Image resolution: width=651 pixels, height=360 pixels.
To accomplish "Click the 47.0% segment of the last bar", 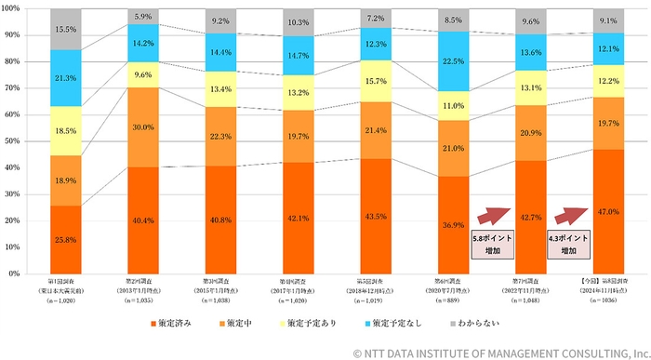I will (x=607, y=211).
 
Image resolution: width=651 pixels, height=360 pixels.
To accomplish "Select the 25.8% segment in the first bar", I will (x=65, y=239).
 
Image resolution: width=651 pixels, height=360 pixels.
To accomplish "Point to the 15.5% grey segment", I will (x=65, y=30).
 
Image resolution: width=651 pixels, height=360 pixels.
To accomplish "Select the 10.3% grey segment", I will (x=298, y=22).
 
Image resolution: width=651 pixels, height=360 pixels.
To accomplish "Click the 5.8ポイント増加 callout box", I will (x=490, y=245).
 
